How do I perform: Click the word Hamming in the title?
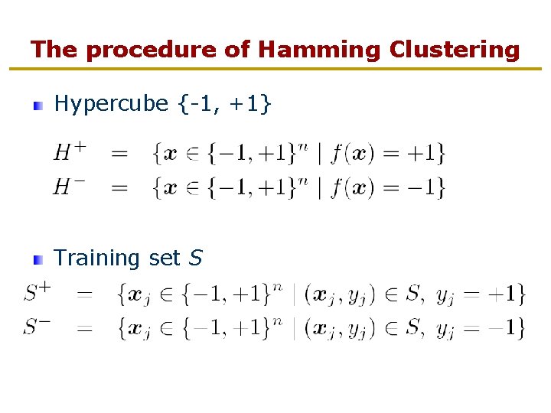point(319,50)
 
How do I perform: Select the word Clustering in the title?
point(454,50)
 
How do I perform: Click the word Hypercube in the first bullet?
point(111,104)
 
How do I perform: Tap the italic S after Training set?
point(195,259)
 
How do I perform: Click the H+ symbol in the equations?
point(68,152)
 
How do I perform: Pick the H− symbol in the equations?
point(68,186)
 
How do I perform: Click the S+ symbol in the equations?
point(37,291)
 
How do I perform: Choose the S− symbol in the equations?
point(37,327)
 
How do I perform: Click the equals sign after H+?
point(120,154)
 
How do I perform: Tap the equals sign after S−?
point(85,329)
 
